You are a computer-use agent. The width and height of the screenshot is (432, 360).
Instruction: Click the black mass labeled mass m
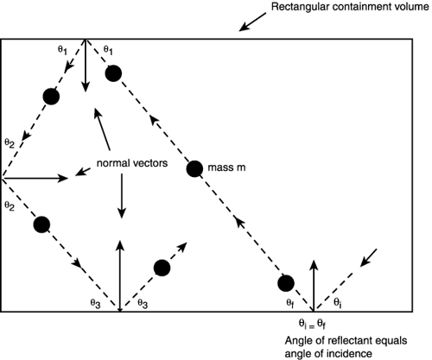(x=194, y=168)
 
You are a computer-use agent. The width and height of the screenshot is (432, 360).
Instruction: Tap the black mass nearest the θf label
(x=288, y=283)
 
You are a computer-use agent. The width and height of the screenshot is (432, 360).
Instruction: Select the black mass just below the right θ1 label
(x=113, y=73)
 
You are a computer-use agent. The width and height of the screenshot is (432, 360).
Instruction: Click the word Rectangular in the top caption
(x=303, y=9)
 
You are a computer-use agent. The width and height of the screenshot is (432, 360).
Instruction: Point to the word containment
(x=362, y=9)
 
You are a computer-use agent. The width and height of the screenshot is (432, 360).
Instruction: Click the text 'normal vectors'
(x=130, y=162)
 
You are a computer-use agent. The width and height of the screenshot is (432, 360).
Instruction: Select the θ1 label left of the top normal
(x=63, y=49)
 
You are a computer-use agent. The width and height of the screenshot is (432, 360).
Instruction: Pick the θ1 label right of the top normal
(x=107, y=49)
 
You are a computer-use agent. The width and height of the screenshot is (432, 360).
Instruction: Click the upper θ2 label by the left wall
(x=10, y=142)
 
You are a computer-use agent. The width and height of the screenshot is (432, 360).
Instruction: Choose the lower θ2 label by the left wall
(x=10, y=207)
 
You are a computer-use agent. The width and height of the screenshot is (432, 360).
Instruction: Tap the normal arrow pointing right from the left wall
(x=35, y=179)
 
